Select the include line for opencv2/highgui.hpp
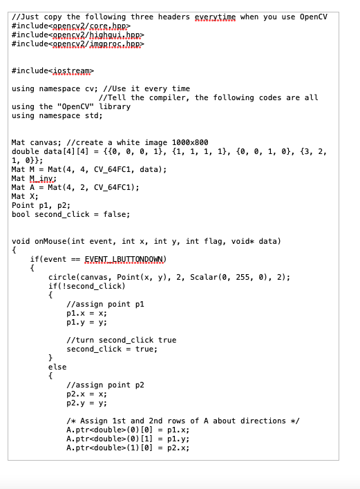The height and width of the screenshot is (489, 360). pyautogui.click(x=79, y=35)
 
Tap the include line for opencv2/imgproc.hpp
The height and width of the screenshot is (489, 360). pyautogui.click(x=79, y=44)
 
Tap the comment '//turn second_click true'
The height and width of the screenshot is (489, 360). pyautogui.click(x=121, y=340)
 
